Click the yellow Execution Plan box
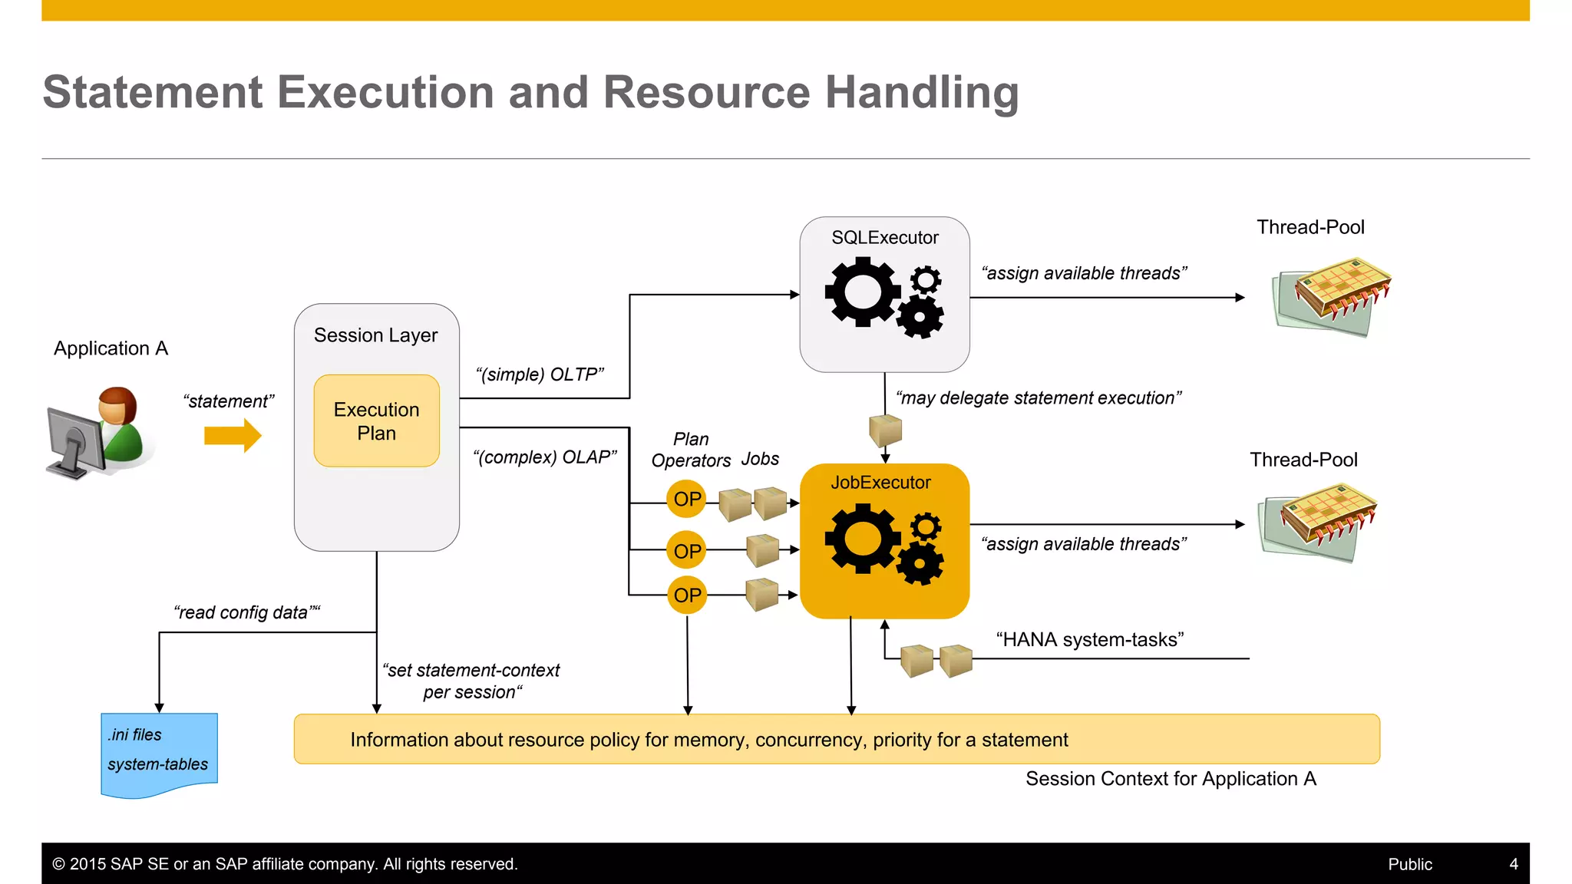point(376,421)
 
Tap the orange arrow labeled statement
point(233,435)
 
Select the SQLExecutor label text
point(884,238)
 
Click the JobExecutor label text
point(880,483)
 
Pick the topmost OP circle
point(686,500)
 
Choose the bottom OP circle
point(686,595)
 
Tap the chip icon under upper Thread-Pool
point(1333,300)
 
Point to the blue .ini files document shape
point(159,754)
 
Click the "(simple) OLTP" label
point(540,374)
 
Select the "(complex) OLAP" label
point(544,457)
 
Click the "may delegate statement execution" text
point(1038,398)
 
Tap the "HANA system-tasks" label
point(1089,640)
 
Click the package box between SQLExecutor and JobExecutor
point(885,430)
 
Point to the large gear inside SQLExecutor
point(861,292)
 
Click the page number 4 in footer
point(1513,864)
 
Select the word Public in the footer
point(1409,864)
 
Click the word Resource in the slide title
point(706,92)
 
